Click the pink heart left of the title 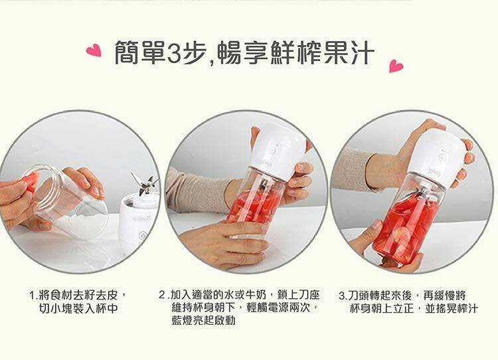point(94,51)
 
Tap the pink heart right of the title point(396,66)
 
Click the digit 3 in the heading point(174,53)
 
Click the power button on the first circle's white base point(143,236)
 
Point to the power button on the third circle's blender point(442,158)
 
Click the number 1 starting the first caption point(32,296)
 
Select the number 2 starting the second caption point(162,295)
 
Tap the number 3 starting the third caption point(343,296)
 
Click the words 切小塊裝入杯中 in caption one point(78,308)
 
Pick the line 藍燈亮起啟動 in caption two point(204,320)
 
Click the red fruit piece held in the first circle point(31,182)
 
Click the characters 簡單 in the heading point(140,52)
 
